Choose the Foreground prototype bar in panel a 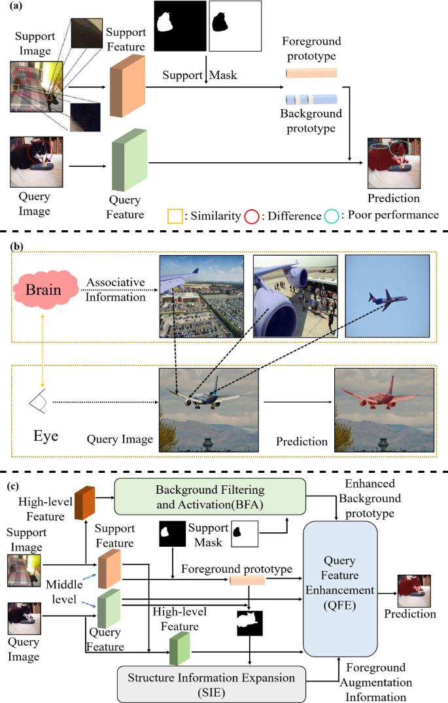click(311, 72)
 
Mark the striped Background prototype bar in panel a click(311, 99)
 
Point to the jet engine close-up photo click(295, 296)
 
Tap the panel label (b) click(19, 247)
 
